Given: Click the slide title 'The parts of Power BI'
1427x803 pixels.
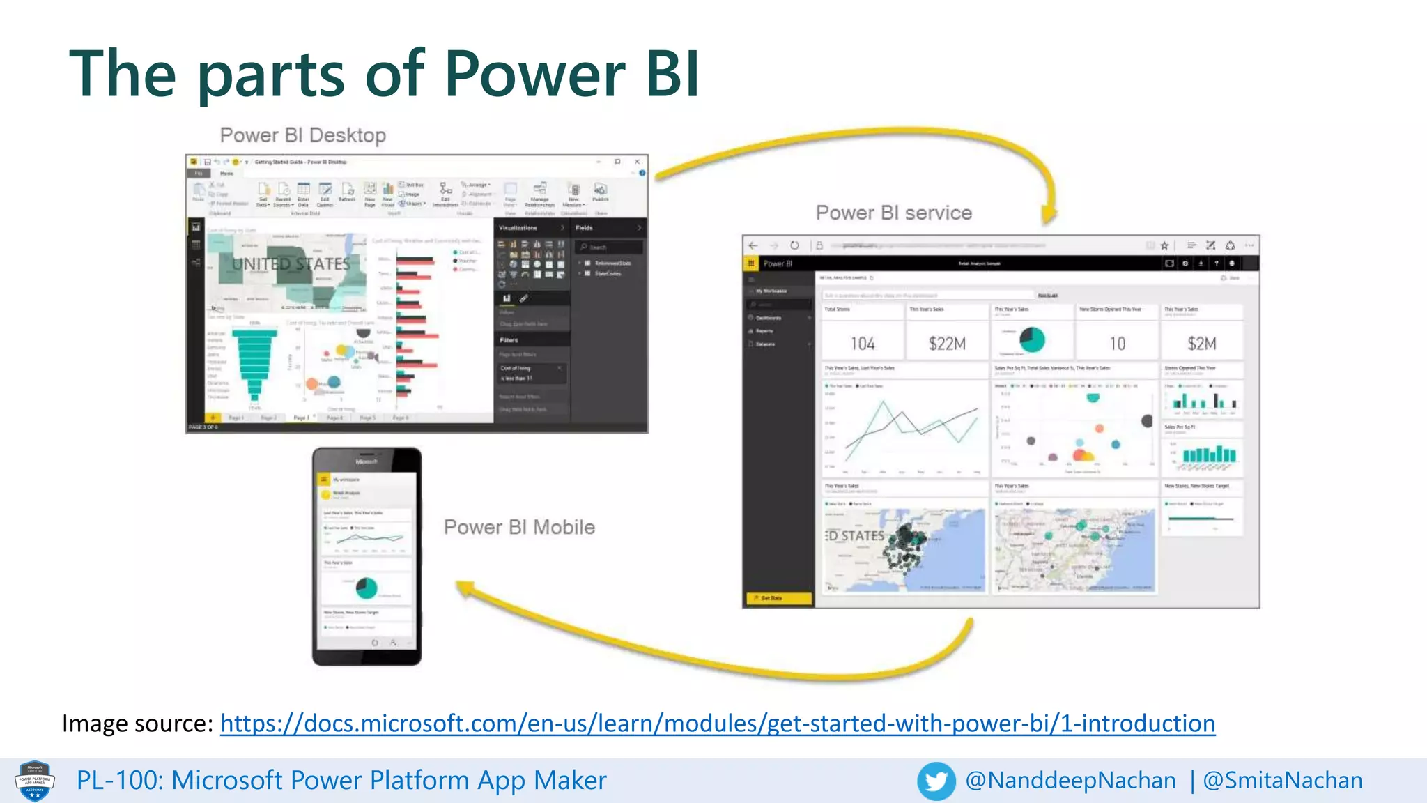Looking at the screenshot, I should tap(385, 74).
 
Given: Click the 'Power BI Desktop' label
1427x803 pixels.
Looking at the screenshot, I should tap(302, 135).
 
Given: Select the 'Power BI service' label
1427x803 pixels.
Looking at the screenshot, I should tap(893, 213).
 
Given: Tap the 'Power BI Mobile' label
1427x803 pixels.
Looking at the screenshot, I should tap(519, 527).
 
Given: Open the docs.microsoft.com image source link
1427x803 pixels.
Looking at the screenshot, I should tap(718, 724).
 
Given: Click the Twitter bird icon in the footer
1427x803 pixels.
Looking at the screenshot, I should tap(936, 781).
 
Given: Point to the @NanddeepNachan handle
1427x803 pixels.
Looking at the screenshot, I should tap(1070, 781).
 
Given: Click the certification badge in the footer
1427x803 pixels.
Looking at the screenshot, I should tap(35, 781).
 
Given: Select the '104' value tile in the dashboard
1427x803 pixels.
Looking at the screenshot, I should tap(862, 344).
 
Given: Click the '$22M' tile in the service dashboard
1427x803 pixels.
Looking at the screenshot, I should tap(947, 344).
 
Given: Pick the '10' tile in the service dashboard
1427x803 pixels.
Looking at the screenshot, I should tap(1117, 344).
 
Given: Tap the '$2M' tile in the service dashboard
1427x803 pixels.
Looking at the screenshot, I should tap(1202, 344).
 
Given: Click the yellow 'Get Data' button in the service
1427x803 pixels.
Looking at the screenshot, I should tap(778, 598).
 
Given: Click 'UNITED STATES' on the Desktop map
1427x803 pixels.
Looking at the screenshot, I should tap(291, 264).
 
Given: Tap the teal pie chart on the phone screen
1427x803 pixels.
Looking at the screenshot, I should tap(367, 588).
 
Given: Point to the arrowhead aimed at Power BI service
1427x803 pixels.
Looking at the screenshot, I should tap(1049, 214).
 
